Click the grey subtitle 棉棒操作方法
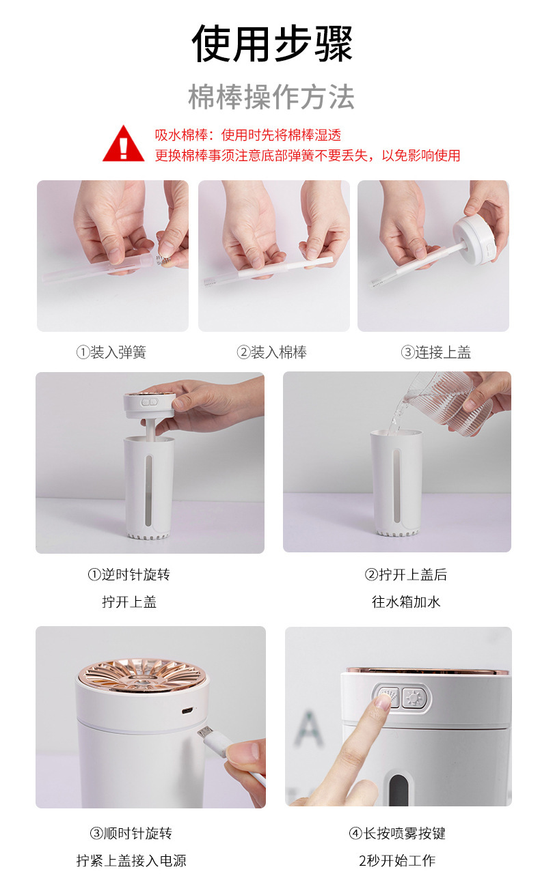pyautogui.click(x=271, y=98)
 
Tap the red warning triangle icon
pyautogui.click(x=123, y=144)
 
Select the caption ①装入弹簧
pyautogui.click(x=111, y=352)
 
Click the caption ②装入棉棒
pyautogui.click(x=271, y=352)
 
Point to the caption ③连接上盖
pyautogui.click(x=435, y=352)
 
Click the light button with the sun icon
pyautogui.click(x=412, y=698)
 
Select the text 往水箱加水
pyautogui.click(x=406, y=602)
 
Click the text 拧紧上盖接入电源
pyautogui.click(x=131, y=860)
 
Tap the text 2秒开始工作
pyautogui.click(x=396, y=860)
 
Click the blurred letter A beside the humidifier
pyautogui.click(x=308, y=730)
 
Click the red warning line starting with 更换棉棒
pyautogui.click(x=307, y=156)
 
